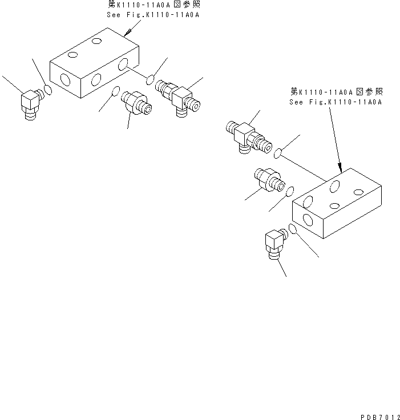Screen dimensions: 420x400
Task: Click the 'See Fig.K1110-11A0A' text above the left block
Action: [x=153, y=15]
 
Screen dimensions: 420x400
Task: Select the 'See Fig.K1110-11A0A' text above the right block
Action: [x=336, y=102]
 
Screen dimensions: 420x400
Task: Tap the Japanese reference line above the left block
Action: [x=153, y=5]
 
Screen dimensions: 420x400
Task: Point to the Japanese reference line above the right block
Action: [x=336, y=92]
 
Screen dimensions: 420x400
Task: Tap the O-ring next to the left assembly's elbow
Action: [x=49, y=90]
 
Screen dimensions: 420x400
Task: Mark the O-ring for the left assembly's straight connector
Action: [x=116, y=91]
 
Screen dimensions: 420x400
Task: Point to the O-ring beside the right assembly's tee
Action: [x=278, y=153]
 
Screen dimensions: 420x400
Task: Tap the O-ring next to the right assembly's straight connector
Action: [x=290, y=191]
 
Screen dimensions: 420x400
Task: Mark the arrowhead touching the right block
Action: [x=340, y=168]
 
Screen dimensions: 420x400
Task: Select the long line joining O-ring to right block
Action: [x=305, y=167]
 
